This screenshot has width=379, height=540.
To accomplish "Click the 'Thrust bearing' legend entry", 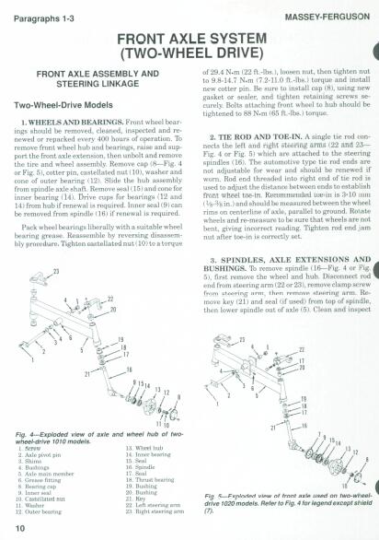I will pyautogui.click(x=148, y=479).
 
